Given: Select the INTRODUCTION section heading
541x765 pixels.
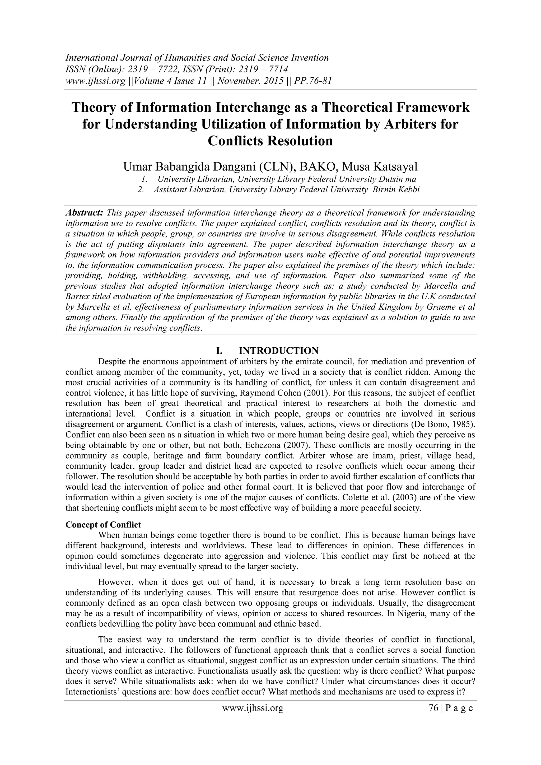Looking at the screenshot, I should point(279,351).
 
